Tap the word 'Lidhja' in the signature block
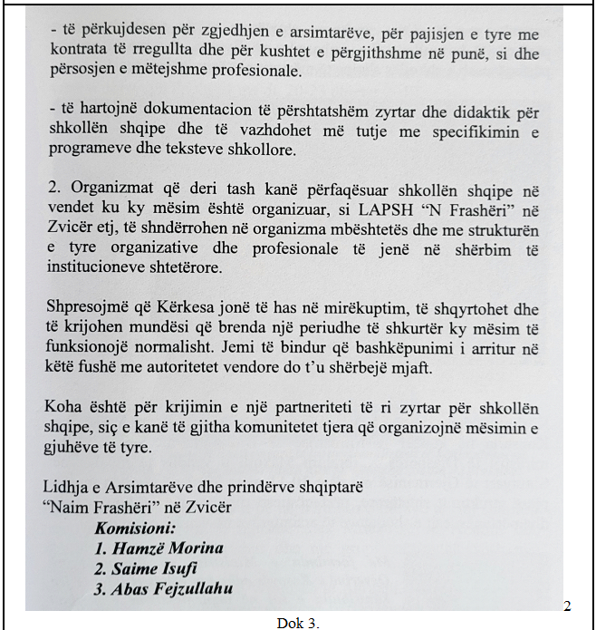click(x=64, y=489)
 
